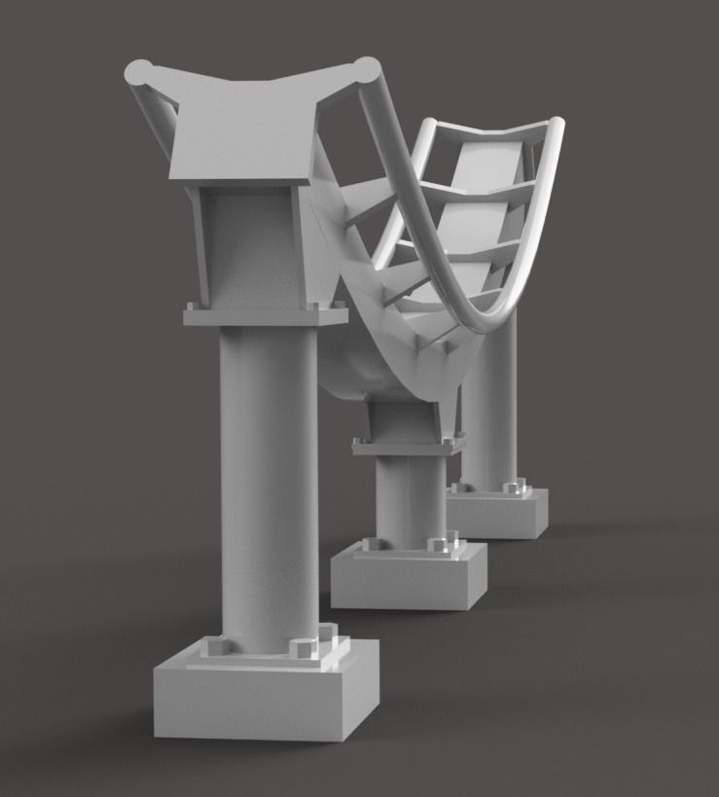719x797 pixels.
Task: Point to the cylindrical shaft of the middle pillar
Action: point(409,496)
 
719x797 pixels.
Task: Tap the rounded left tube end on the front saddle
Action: point(139,71)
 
